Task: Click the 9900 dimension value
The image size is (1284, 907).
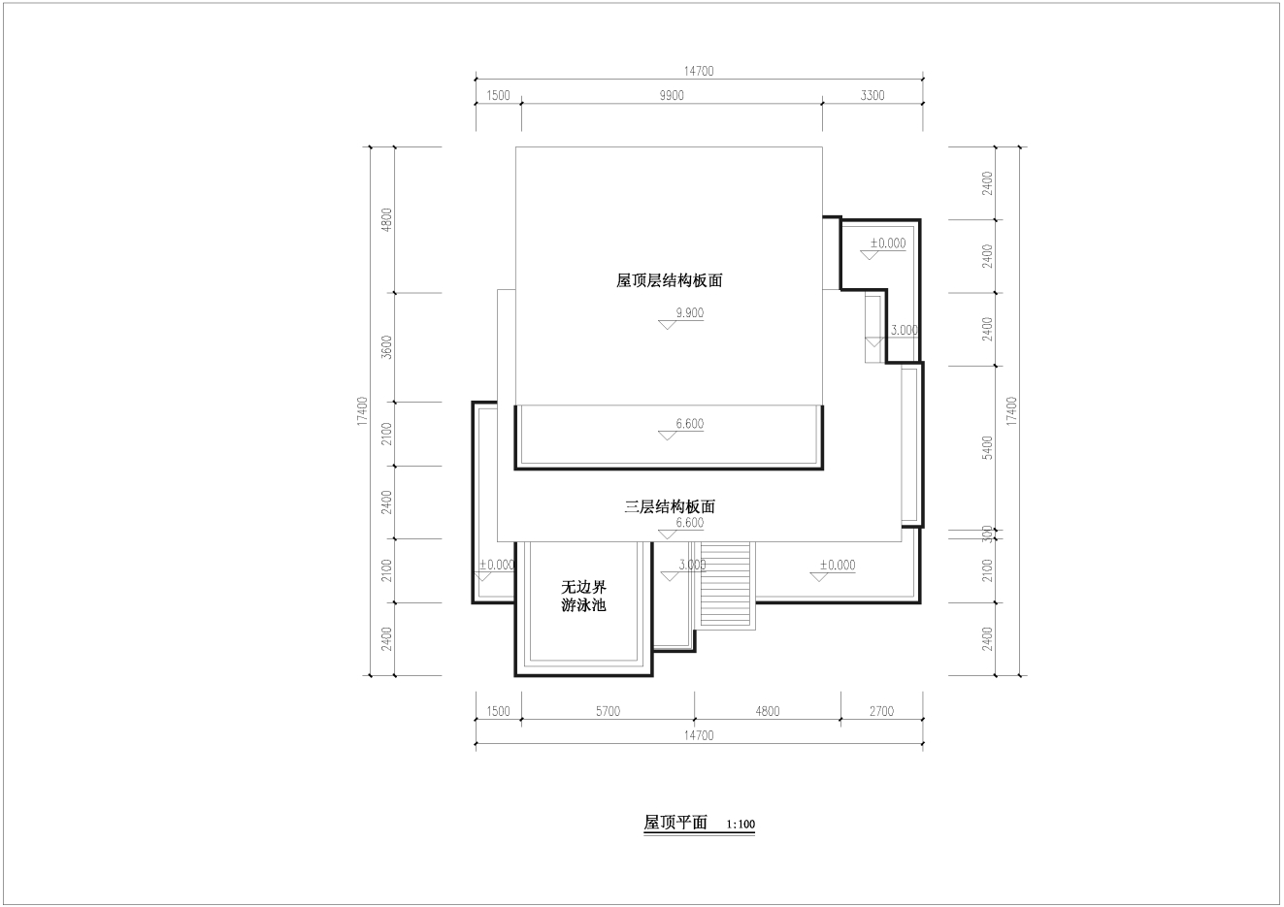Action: coord(672,95)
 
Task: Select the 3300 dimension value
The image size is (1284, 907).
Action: coord(872,95)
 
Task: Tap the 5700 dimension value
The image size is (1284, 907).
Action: coord(608,711)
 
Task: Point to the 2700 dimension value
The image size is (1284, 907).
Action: coord(881,711)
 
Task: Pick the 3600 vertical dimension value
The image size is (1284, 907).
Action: coord(387,347)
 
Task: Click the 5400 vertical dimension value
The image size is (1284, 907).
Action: coord(987,447)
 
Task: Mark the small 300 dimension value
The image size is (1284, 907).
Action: coord(987,534)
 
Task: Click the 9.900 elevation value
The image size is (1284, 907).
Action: coord(690,312)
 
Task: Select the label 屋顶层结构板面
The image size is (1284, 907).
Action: coord(669,280)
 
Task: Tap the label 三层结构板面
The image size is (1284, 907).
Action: coord(670,506)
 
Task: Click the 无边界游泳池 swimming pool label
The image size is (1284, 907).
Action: coord(583,596)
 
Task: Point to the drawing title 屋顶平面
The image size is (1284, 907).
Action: coord(675,823)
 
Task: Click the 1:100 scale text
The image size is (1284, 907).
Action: coord(741,825)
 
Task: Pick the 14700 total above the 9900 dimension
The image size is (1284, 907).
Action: coord(699,71)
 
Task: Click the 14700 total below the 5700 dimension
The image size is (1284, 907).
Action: coord(699,735)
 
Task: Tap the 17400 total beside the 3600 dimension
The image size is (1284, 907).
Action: coord(362,410)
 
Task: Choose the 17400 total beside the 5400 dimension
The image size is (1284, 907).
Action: coord(1011,410)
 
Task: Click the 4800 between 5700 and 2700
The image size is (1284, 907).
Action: coord(768,711)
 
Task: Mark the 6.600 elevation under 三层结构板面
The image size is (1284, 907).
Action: coord(690,523)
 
